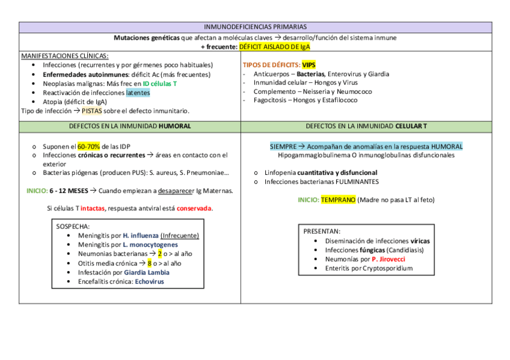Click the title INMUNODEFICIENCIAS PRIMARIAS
255,27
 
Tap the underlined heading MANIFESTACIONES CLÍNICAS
64,56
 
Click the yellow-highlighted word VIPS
309,65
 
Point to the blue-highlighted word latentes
138,93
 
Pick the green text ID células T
159,84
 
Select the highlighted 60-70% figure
88,146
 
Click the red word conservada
194,209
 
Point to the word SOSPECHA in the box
72,227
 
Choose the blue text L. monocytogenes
150,245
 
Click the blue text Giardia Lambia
147,272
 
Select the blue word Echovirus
149,281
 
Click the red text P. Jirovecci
389,259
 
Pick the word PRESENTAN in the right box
321,231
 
